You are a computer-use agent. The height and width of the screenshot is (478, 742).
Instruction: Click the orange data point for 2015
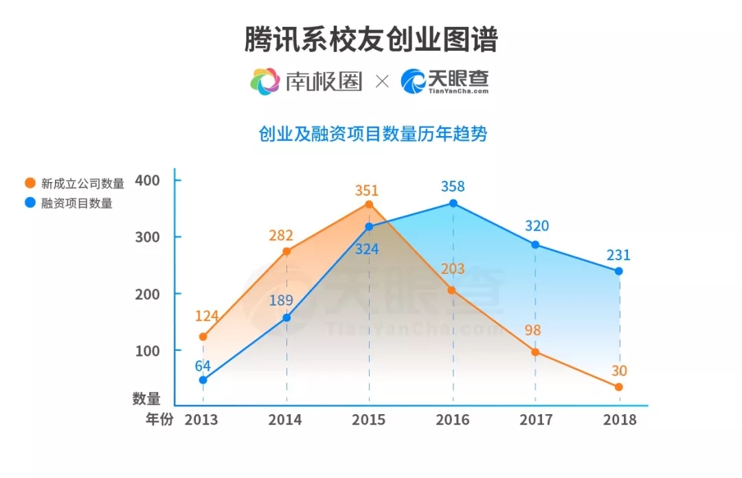tap(369, 204)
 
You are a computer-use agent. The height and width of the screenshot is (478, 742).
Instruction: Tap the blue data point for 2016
tap(453, 203)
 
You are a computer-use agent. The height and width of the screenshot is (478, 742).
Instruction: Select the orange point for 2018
tap(618, 387)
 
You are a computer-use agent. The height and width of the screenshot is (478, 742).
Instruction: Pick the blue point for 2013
tap(203, 380)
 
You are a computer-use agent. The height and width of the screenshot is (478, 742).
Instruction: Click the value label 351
tap(367, 190)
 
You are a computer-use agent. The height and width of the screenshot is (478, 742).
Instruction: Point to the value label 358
tap(453, 186)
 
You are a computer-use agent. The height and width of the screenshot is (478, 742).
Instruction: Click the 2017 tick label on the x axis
tap(537, 420)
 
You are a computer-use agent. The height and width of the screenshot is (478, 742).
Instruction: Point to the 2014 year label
tap(285, 420)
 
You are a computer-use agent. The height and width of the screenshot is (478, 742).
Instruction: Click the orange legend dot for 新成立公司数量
tap(30, 183)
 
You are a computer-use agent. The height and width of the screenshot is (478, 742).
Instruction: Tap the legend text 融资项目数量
tap(77, 203)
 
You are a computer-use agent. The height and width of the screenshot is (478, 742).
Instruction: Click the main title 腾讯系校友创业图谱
tap(371, 40)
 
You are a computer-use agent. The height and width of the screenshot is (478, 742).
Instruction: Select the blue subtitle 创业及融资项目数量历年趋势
tap(372, 134)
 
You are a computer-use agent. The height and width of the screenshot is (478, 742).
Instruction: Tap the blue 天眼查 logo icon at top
tap(414, 82)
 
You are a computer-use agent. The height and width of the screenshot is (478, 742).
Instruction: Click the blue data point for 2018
tap(618, 271)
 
